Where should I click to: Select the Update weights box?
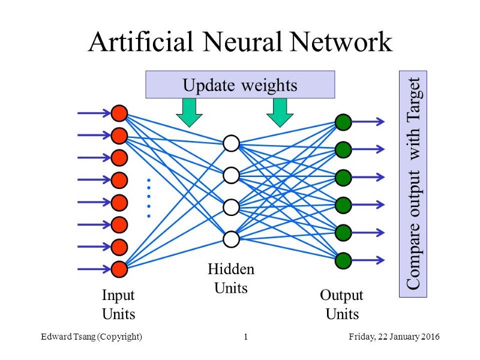click(240, 85)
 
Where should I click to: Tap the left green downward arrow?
click(190, 112)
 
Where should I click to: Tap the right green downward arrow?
click(279, 112)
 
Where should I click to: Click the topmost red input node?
click(119, 113)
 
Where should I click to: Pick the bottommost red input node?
click(119, 269)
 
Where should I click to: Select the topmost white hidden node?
click(231, 143)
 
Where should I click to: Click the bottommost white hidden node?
click(231, 239)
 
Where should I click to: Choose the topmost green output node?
click(343, 122)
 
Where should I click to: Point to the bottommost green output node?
click(343, 260)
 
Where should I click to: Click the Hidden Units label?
click(231, 278)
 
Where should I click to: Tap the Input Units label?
click(118, 304)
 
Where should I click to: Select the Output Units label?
click(342, 304)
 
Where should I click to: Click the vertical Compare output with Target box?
click(413, 184)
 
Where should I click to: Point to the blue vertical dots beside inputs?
click(148, 197)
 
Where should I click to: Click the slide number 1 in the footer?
click(246, 337)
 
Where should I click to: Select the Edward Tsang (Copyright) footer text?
click(91, 337)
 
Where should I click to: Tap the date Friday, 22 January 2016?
click(394, 337)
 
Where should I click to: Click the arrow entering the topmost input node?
click(93, 113)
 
